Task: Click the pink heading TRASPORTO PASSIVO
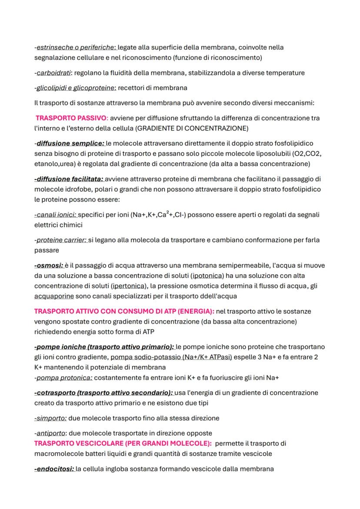(x=71, y=118)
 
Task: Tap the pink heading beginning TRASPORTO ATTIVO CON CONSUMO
(x=124, y=312)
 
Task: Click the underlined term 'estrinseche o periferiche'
(x=76, y=47)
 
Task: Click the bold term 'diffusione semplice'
(x=70, y=143)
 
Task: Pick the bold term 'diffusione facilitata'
(x=69, y=179)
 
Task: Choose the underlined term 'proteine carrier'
(x=61, y=240)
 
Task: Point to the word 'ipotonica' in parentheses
(x=207, y=276)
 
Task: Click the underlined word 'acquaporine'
(x=54, y=296)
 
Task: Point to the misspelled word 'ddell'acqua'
(x=208, y=296)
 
